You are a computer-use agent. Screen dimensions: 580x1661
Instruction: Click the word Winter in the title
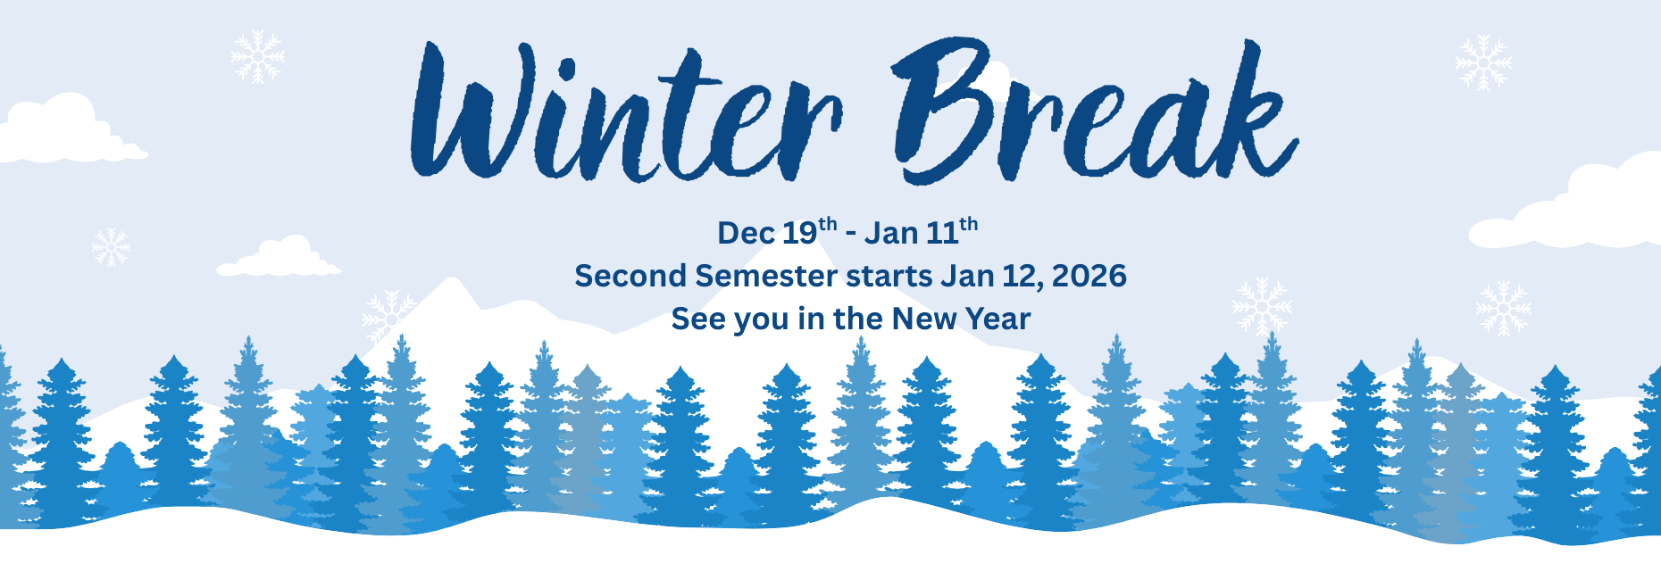[625, 116]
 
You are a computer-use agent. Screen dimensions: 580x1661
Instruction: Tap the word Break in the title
[1094, 112]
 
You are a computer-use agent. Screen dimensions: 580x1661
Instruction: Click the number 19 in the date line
[799, 234]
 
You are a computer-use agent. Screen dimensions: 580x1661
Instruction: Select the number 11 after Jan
[942, 234]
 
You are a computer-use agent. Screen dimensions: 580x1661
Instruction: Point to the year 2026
[1089, 276]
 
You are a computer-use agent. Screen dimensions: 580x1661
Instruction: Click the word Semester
[766, 276]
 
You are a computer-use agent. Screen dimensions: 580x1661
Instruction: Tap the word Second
[630, 276]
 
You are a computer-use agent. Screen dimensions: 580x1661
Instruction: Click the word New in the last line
[923, 319]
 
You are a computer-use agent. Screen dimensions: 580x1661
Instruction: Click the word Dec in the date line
[746, 234]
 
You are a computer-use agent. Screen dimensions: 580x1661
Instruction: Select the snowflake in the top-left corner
[257, 56]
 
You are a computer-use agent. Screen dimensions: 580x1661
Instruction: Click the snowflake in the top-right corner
[1483, 62]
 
